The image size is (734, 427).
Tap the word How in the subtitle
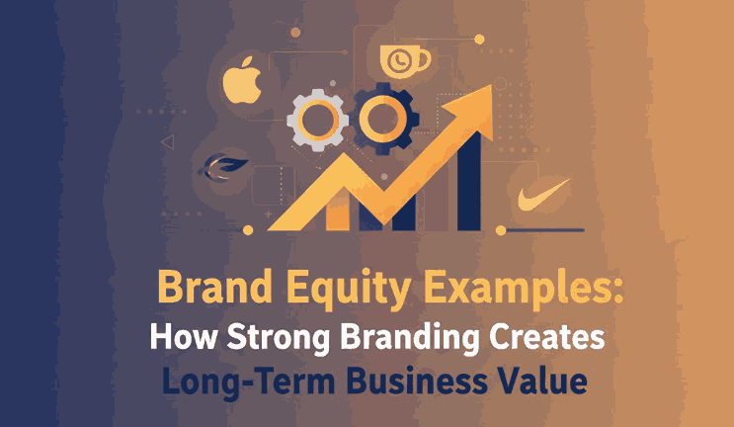click(178, 336)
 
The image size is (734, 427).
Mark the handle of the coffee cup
click(425, 59)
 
